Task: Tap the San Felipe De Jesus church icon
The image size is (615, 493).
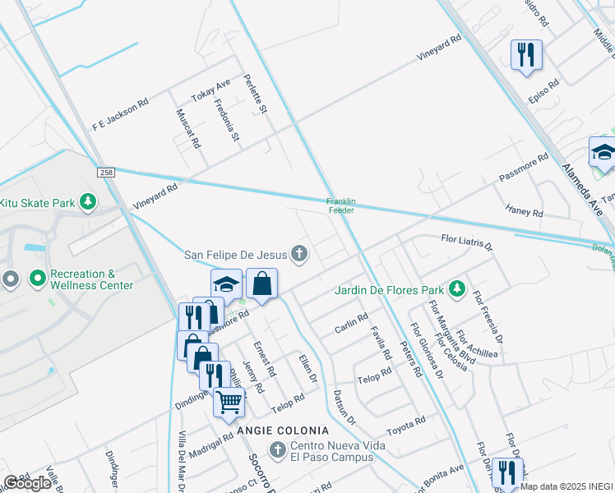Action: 299,253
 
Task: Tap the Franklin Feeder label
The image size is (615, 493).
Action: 340,205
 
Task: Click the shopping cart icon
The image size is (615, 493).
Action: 229,401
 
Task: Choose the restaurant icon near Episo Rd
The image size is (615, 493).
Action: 526,54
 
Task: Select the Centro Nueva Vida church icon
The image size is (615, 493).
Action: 278,449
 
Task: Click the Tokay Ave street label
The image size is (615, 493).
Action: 211,92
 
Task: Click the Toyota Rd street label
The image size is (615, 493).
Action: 406,425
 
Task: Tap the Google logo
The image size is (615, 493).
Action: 27,483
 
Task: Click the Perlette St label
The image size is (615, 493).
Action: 256,94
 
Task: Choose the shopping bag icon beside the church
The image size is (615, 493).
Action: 261,283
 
